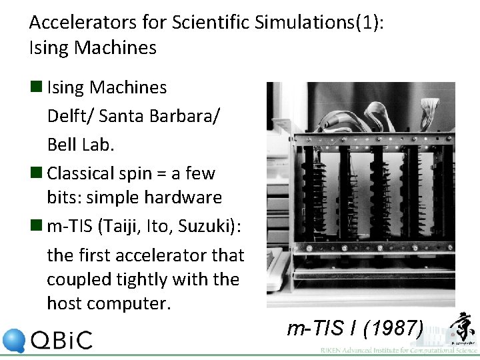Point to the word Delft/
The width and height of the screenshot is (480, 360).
69,115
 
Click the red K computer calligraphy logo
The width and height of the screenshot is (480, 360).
462,330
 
